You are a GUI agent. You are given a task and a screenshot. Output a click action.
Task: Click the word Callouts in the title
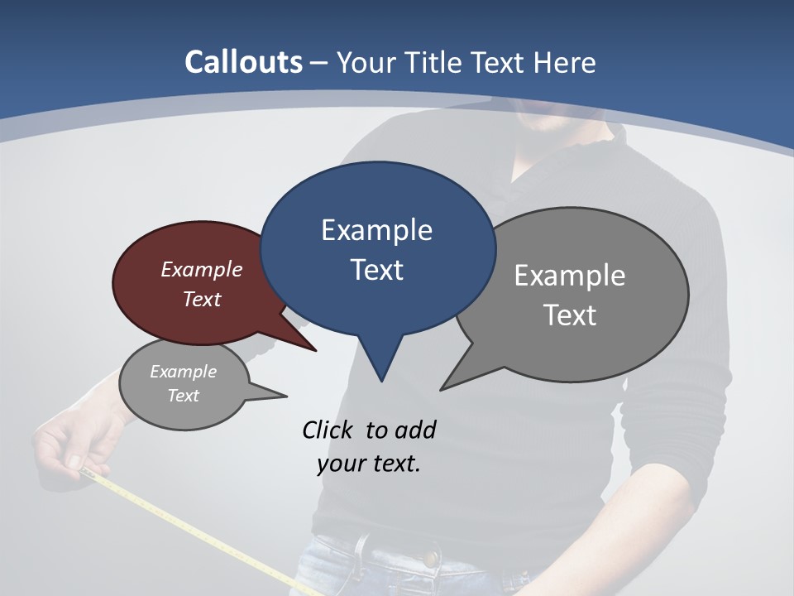[x=243, y=62]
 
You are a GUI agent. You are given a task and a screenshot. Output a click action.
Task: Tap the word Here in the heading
[x=565, y=62]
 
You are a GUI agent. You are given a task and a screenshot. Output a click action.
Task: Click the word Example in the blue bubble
[x=376, y=229]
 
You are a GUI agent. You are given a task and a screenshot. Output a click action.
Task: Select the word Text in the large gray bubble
[x=570, y=315]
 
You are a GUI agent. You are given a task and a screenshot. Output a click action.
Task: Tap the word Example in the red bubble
[x=201, y=269]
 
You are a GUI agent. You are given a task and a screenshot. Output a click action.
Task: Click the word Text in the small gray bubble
[x=183, y=396]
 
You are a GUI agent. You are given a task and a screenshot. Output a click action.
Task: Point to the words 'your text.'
[x=369, y=464]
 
